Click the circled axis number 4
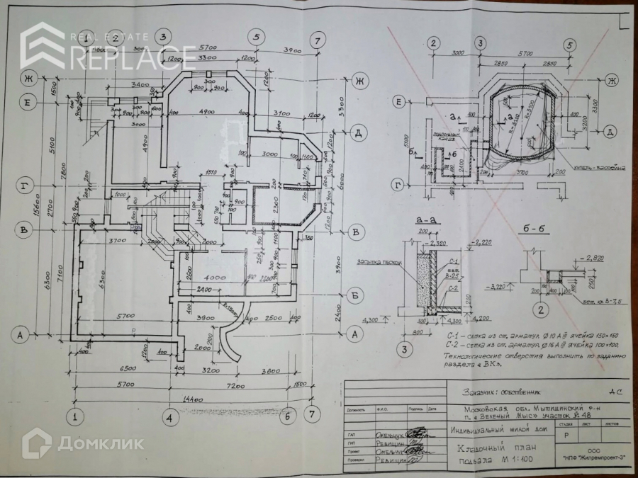[169, 418]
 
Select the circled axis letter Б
[357, 292]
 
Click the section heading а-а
[428, 220]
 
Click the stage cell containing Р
[566, 437]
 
